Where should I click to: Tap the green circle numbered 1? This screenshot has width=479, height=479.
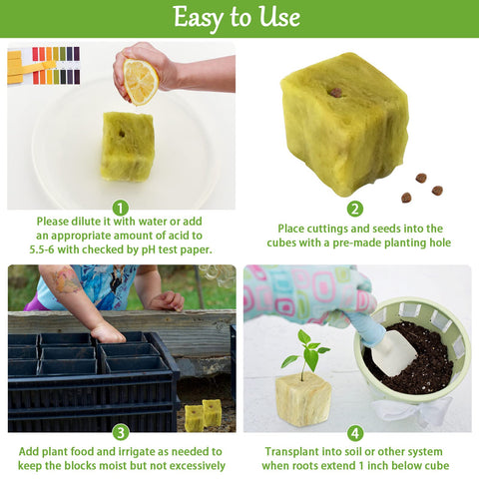coord(121,208)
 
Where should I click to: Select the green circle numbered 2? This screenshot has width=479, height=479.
coord(355,209)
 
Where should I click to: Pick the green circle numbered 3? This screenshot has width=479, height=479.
coord(121,433)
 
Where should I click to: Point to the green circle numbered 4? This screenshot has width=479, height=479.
coord(355,433)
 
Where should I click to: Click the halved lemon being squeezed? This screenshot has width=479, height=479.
coord(141,82)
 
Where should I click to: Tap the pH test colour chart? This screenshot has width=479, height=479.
coord(44,65)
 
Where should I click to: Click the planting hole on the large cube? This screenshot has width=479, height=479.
coord(336,93)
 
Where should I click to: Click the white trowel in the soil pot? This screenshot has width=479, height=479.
coord(397,353)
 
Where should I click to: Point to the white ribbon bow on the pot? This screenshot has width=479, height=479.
coord(412,411)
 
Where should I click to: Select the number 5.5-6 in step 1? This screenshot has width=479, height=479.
coord(42,249)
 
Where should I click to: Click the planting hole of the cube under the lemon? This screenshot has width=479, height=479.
coord(122,134)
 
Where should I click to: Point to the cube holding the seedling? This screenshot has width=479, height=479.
coord(303,403)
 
